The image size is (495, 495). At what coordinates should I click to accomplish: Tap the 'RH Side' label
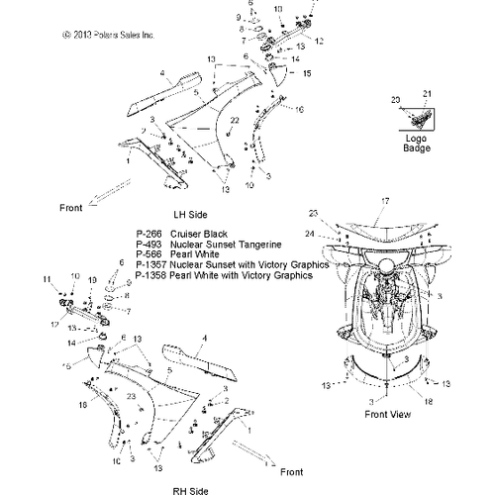click(x=192, y=488)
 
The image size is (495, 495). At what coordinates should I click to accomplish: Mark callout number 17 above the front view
click(x=386, y=202)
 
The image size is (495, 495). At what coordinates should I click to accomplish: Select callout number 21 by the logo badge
click(x=429, y=93)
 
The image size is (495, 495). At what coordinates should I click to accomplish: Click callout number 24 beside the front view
click(x=311, y=235)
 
